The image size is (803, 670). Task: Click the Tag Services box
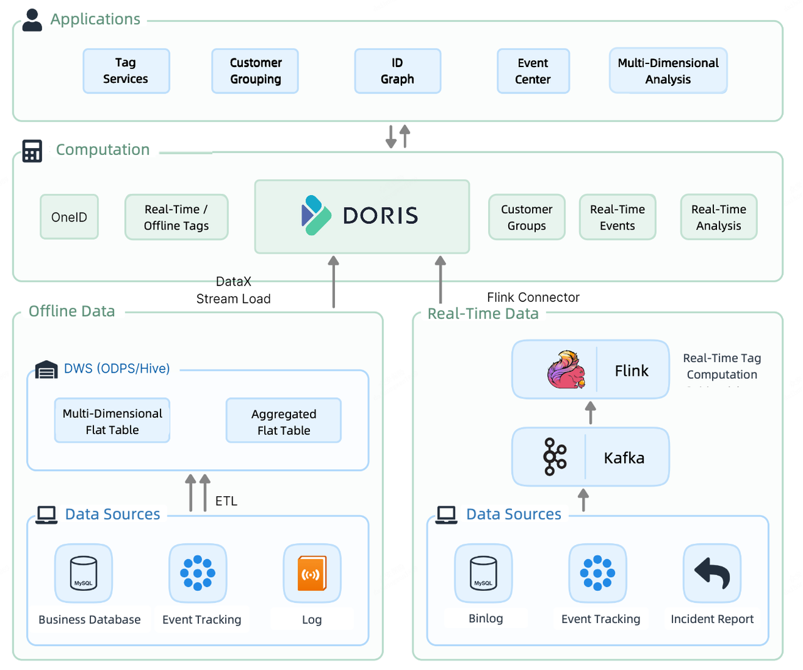(126, 71)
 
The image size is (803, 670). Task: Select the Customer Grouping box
(255, 71)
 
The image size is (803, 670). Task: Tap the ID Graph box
(397, 71)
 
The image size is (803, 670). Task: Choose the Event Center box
(533, 71)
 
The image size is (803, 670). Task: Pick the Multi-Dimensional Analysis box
(668, 71)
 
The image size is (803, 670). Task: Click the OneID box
(69, 217)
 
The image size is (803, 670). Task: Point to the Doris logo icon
(316, 215)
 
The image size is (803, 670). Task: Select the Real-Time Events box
(617, 217)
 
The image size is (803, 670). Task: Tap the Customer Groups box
(526, 217)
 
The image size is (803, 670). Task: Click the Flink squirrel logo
(566, 370)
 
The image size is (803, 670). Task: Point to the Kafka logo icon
(555, 457)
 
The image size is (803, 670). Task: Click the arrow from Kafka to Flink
(590, 413)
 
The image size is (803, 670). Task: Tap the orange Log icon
(312, 573)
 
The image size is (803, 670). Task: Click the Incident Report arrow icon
(712, 573)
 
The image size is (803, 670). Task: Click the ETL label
(226, 501)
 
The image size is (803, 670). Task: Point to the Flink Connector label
(533, 297)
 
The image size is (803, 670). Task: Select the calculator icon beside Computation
(32, 151)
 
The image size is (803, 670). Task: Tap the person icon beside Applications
(32, 20)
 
